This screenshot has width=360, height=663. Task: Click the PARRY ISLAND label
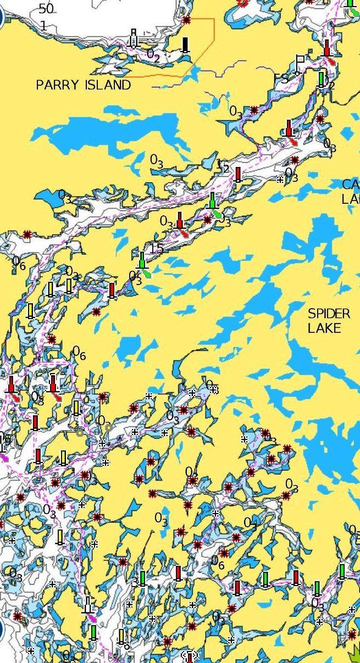tap(84, 85)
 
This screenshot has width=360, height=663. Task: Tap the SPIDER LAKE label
tap(329, 321)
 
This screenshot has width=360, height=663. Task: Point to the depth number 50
tap(46, 9)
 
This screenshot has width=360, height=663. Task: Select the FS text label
tap(281, 79)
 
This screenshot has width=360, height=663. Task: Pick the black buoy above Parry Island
tap(185, 44)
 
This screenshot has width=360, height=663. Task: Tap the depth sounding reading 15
tap(157, 248)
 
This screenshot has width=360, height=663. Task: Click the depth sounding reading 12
tap(223, 165)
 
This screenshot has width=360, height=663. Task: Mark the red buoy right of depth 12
tap(238, 175)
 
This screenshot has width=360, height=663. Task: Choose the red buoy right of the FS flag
tap(327, 48)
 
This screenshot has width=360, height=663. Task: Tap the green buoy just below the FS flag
tap(322, 79)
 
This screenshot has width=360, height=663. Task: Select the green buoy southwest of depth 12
tap(213, 200)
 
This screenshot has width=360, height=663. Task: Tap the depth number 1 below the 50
tap(43, 25)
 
